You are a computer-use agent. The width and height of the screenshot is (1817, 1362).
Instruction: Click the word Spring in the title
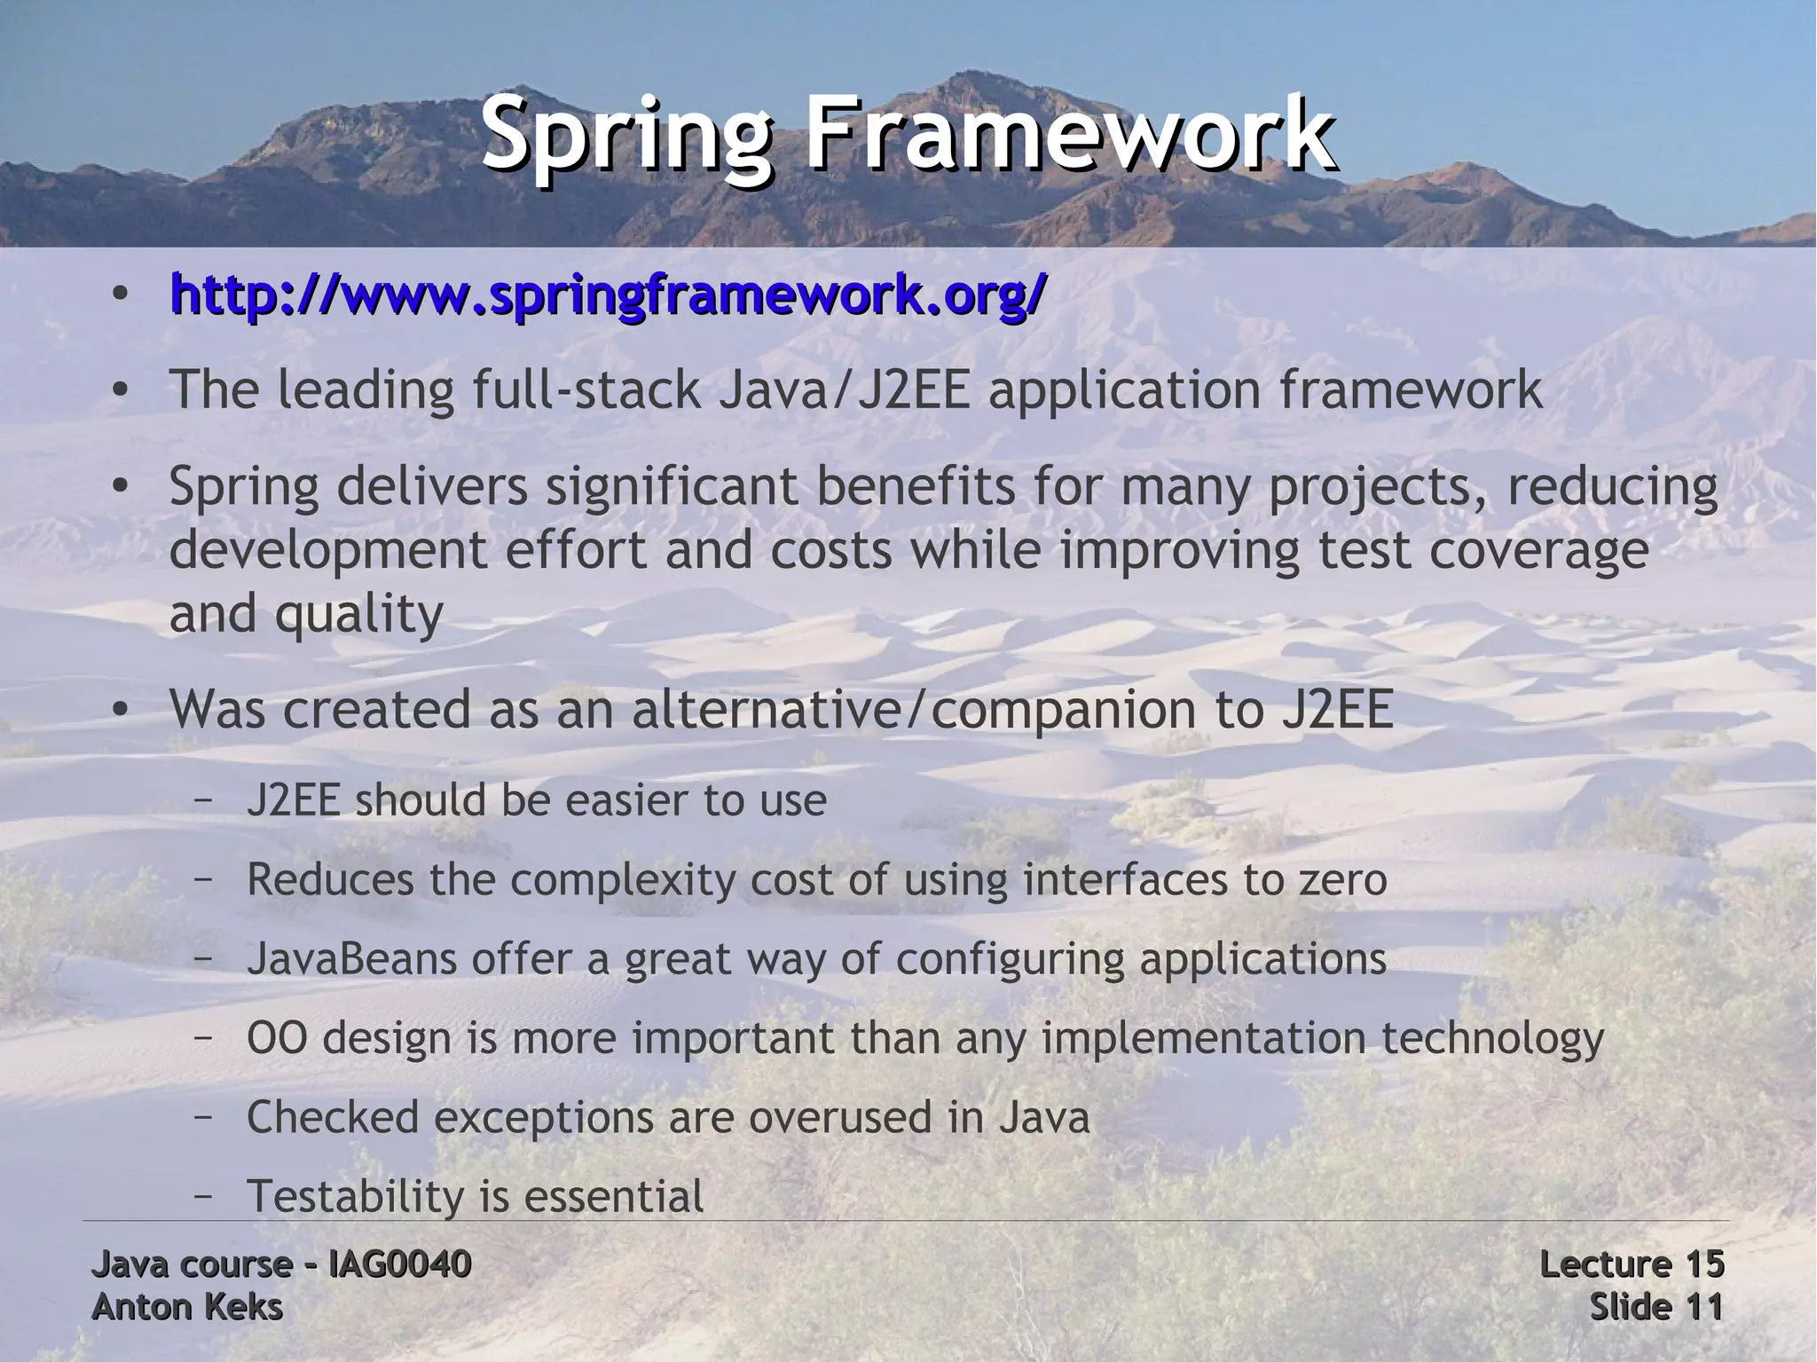[x=625, y=136]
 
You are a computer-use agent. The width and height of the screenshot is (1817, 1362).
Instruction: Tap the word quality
[x=358, y=614]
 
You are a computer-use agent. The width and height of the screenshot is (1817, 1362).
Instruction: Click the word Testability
[x=356, y=1196]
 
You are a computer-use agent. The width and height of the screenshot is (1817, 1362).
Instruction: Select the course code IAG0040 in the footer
[x=399, y=1264]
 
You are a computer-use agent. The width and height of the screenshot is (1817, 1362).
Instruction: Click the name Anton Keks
[x=187, y=1307]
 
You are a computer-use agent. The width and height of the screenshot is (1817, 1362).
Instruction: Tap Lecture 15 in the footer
[x=1632, y=1264]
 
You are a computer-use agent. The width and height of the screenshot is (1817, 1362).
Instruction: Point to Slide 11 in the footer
[x=1656, y=1307]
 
